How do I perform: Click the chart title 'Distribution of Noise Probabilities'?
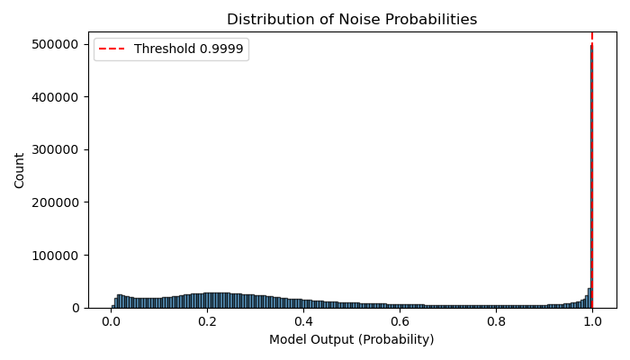(352, 20)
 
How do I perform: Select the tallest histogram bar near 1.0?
(590, 180)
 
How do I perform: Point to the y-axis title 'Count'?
(20, 170)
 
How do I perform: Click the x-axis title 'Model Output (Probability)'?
(352, 339)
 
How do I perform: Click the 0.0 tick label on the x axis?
(112, 321)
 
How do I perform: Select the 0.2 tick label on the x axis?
(208, 321)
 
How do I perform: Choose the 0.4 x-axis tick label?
(303, 321)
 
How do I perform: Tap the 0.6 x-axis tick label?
(400, 321)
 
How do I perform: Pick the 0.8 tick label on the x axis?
(496, 321)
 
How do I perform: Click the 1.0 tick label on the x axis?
(591, 321)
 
